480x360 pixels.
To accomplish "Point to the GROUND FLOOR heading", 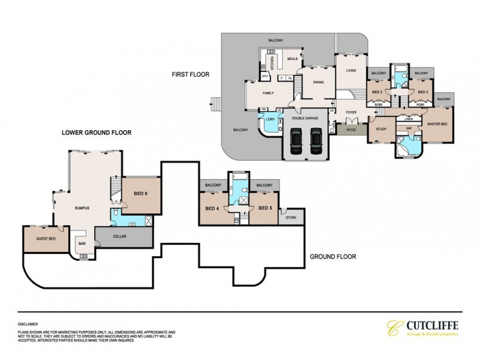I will click(333, 256).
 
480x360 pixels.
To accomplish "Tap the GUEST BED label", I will click(41, 238).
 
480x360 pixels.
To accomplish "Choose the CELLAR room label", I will click(119, 236).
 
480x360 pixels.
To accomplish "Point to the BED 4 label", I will click(212, 208).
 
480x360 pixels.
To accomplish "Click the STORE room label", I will click(291, 217).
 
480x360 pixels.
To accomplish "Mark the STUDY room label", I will click(380, 129).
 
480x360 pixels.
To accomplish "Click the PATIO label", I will click(347, 128).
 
